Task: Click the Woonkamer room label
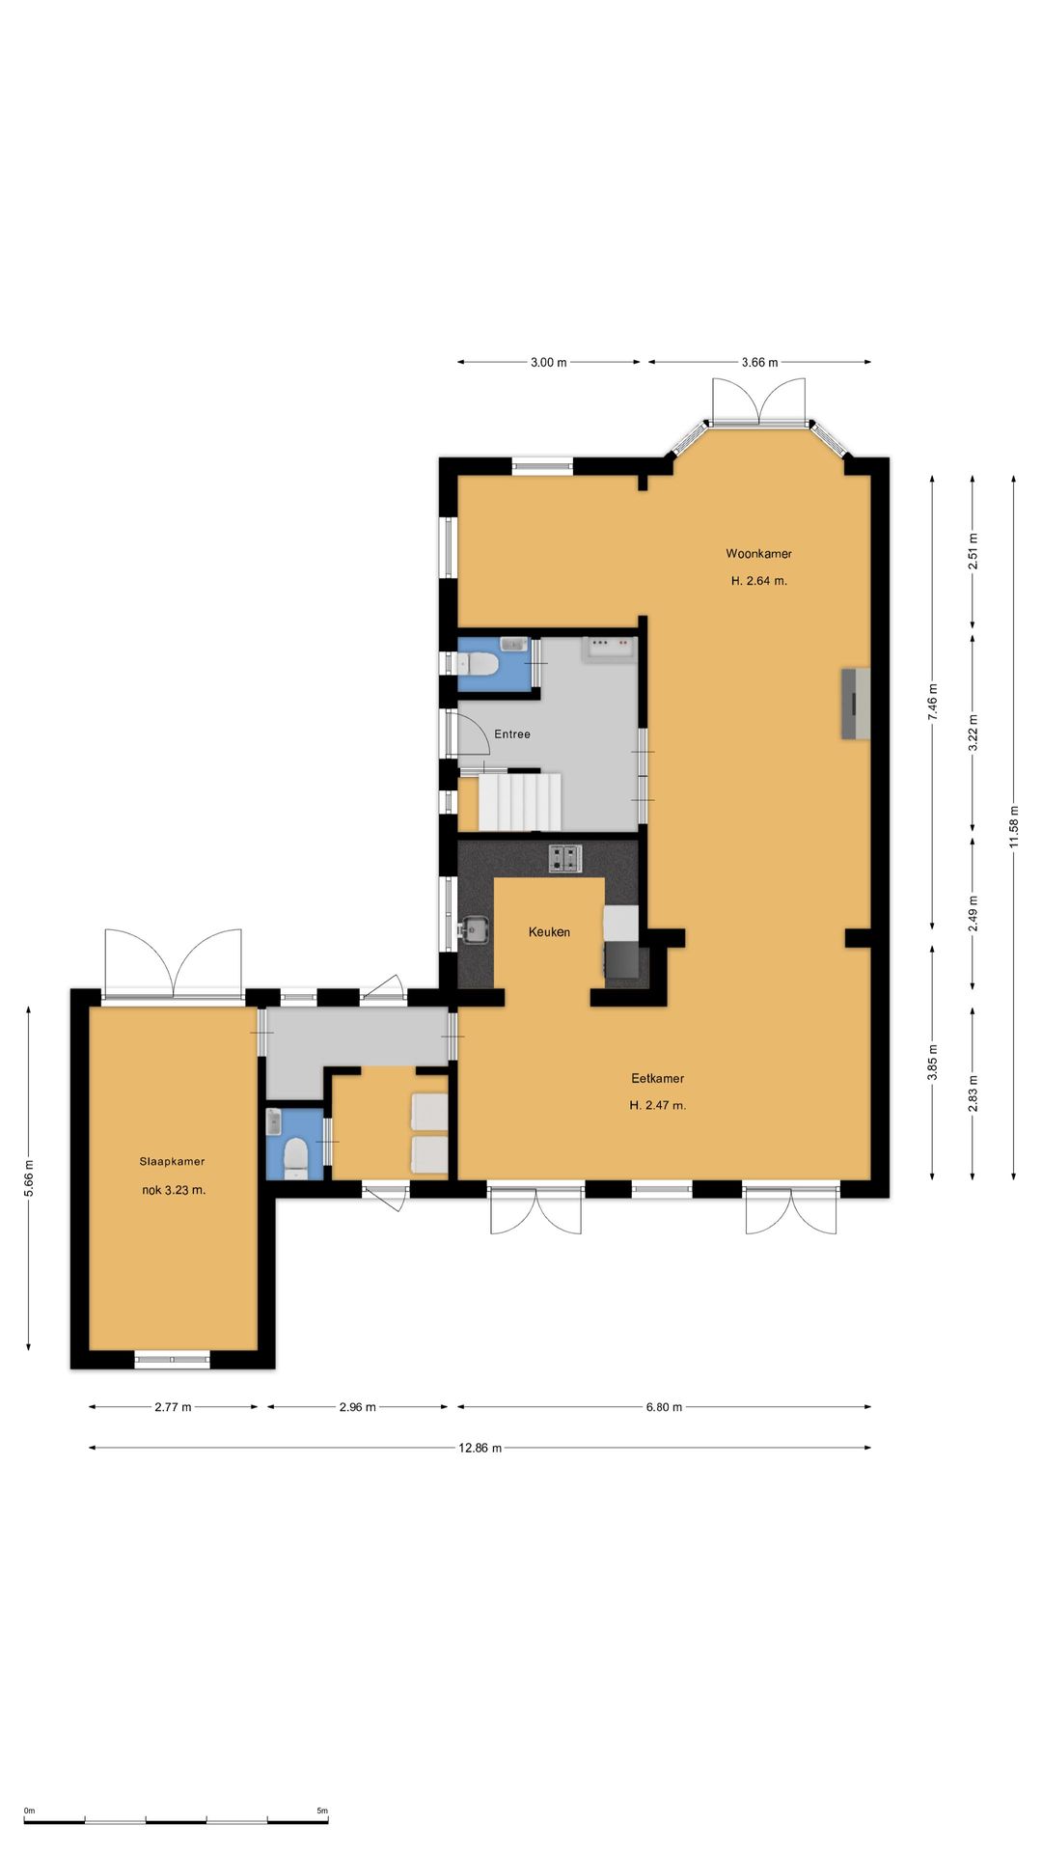point(758,554)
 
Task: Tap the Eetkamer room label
point(658,1078)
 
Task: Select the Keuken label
point(549,932)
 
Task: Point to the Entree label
point(512,734)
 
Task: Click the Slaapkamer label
point(173,1162)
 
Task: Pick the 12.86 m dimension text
point(480,1448)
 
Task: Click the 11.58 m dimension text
point(1013,827)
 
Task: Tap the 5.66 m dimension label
point(29,1178)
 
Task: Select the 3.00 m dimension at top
point(549,363)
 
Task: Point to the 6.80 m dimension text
point(664,1407)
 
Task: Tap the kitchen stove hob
point(566,858)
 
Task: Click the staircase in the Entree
point(519,800)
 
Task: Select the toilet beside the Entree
point(479,664)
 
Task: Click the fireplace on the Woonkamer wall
point(856,704)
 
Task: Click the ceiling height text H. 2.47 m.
point(658,1105)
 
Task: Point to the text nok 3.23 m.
point(174,1190)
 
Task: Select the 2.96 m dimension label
point(358,1407)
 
